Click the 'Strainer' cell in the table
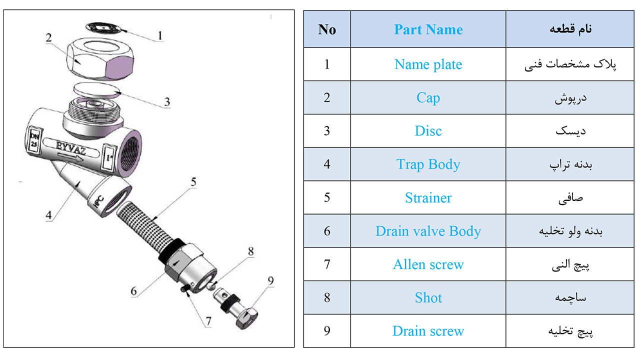(x=428, y=197)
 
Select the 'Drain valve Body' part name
(x=428, y=231)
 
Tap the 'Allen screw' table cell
(x=428, y=264)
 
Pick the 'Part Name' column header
(x=428, y=29)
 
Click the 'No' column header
(x=327, y=29)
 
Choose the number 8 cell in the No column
(x=327, y=297)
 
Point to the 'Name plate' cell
(x=428, y=64)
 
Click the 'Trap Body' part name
(x=428, y=164)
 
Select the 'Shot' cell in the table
(x=428, y=297)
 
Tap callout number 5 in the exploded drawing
(x=193, y=182)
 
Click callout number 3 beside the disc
(x=167, y=102)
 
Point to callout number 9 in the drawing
(x=271, y=280)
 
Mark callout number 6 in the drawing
(x=133, y=291)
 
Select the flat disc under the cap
(x=97, y=90)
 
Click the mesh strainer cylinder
(x=145, y=225)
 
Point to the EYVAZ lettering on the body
(x=70, y=147)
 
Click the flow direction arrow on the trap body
(x=70, y=157)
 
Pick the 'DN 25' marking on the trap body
(x=34, y=139)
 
